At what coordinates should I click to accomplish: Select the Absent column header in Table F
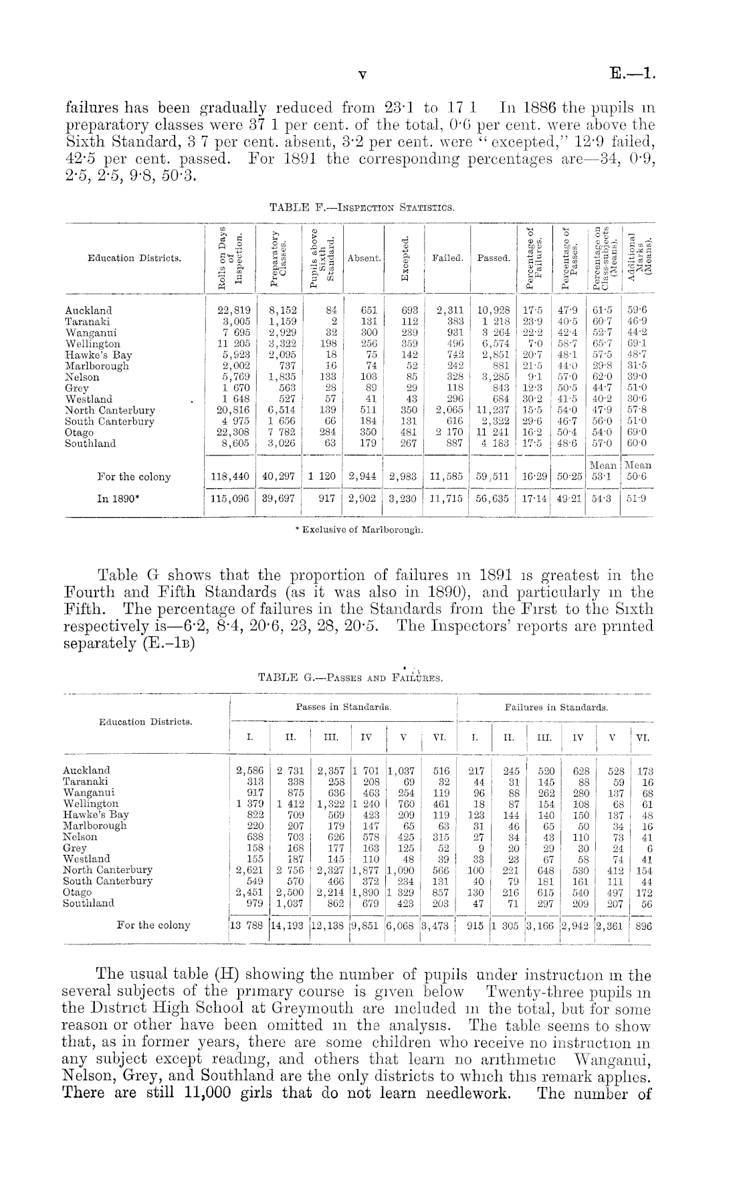point(364,258)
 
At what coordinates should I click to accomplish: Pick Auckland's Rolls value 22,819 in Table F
point(229,310)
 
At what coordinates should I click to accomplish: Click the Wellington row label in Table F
point(92,344)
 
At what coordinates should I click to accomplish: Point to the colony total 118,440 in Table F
point(229,477)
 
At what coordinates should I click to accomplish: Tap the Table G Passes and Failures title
point(350,678)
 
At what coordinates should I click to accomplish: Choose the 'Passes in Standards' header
point(343,706)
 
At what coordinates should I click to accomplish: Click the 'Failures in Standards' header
point(556,706)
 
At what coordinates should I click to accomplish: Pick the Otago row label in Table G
point(77,892)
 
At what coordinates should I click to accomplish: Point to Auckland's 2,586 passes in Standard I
point(249,770)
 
